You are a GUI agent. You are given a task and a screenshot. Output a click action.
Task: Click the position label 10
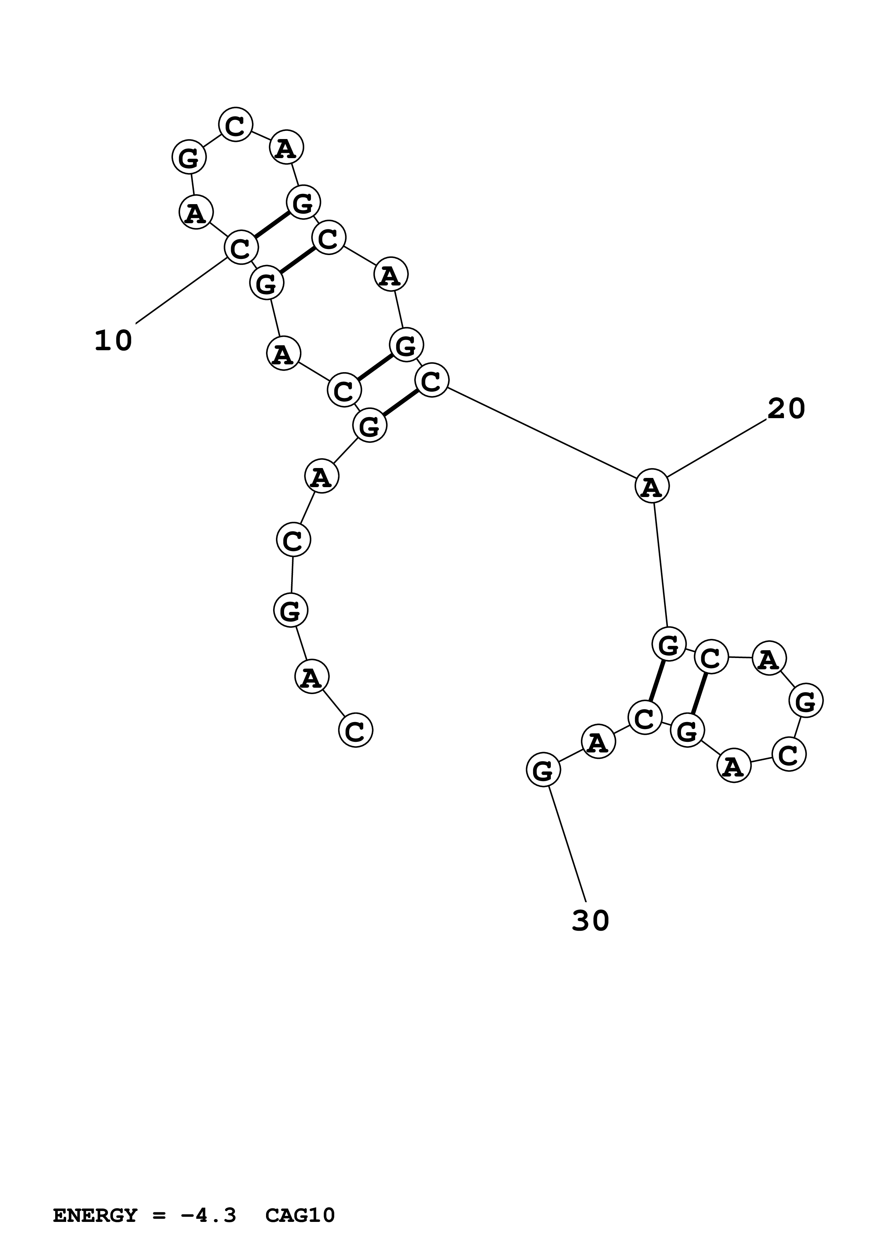114,341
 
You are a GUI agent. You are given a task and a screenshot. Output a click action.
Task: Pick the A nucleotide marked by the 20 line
652,486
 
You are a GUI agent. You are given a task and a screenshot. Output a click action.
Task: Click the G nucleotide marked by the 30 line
543,770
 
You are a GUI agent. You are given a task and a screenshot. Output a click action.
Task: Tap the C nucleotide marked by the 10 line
241,248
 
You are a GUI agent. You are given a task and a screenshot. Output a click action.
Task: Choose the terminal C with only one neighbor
356,730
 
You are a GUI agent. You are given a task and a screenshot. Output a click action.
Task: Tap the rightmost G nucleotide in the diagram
805,701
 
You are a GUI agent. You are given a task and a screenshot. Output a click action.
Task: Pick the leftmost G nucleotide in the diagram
189,158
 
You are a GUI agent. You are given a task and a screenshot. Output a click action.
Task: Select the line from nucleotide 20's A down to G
660,565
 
